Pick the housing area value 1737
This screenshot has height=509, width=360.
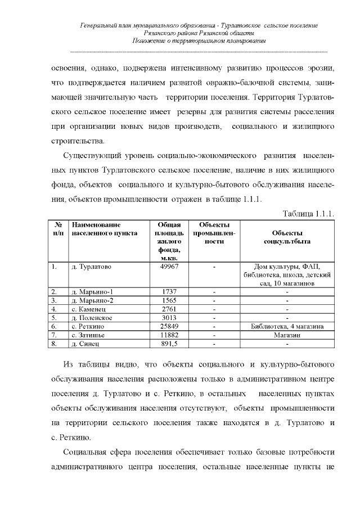[169, 292]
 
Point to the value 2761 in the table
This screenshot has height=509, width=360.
[169, 309]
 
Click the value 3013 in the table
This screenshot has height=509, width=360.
[169, 317]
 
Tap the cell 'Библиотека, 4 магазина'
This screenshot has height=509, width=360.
[287, 326]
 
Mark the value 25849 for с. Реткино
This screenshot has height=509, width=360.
[169, 326]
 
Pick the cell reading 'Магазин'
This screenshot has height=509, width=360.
[287, 334]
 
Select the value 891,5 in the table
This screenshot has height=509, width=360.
[169, 343]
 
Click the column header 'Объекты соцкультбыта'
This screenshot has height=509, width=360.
[287, 237]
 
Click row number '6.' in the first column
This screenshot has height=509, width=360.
[54, 326]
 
